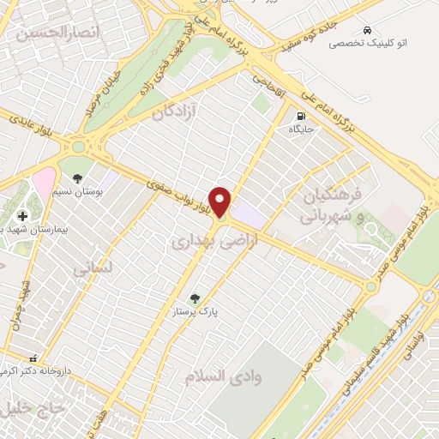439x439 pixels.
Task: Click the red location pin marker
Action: tap(221, 201)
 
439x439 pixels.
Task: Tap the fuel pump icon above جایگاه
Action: tap(300, 116)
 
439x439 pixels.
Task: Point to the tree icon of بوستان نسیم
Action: tap(78, 177)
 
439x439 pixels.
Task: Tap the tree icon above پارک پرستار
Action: tap(195, 298)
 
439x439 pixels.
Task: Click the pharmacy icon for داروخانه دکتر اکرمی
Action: tap(33, 358)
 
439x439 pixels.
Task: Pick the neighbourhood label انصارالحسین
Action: tap(51, 33)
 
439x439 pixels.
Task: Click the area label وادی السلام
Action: tap(224, 376)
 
